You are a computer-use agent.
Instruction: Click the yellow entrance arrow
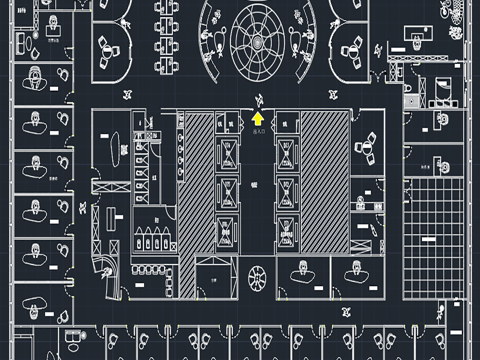click(259, 118)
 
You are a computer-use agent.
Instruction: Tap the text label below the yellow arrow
click(259, 131)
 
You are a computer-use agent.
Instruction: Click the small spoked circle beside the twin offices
click(256, 277)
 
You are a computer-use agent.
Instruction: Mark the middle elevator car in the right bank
click(288, 190)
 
